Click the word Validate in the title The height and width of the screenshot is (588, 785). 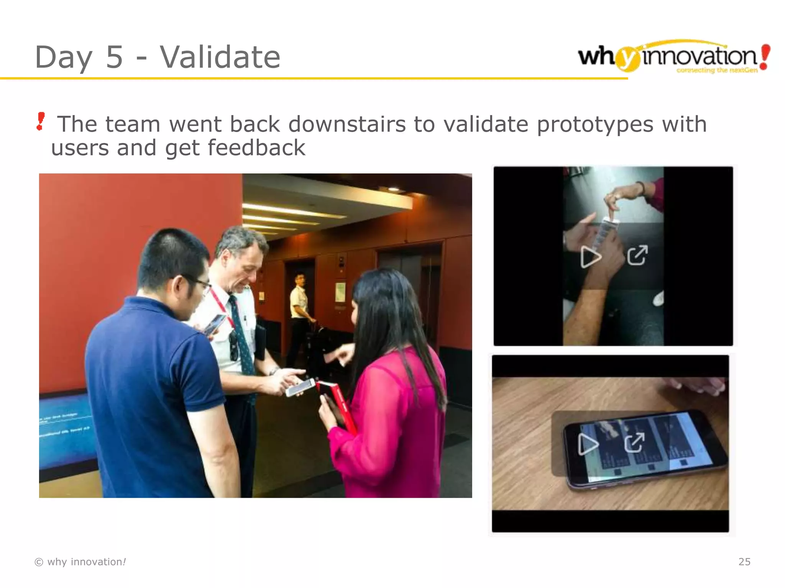tap(220, 57)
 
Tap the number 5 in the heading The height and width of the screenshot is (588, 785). tap(114, 57)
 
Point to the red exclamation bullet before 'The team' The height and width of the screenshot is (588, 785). tap(40, 121)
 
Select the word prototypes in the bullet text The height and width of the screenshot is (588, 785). tap(595, 124)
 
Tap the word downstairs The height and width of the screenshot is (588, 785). tap(347, 124)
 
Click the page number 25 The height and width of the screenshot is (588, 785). tap(744, 562)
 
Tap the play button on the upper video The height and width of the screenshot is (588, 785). tap(590, 256)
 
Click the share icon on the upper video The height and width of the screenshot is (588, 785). tap(637, 255)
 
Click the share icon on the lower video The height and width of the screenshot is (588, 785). tap(634, 443)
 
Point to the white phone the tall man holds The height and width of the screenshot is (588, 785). tap(299, 387)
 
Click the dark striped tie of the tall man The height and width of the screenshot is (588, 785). tap(241, 337)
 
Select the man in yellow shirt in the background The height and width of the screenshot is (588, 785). tap(299, 302)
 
